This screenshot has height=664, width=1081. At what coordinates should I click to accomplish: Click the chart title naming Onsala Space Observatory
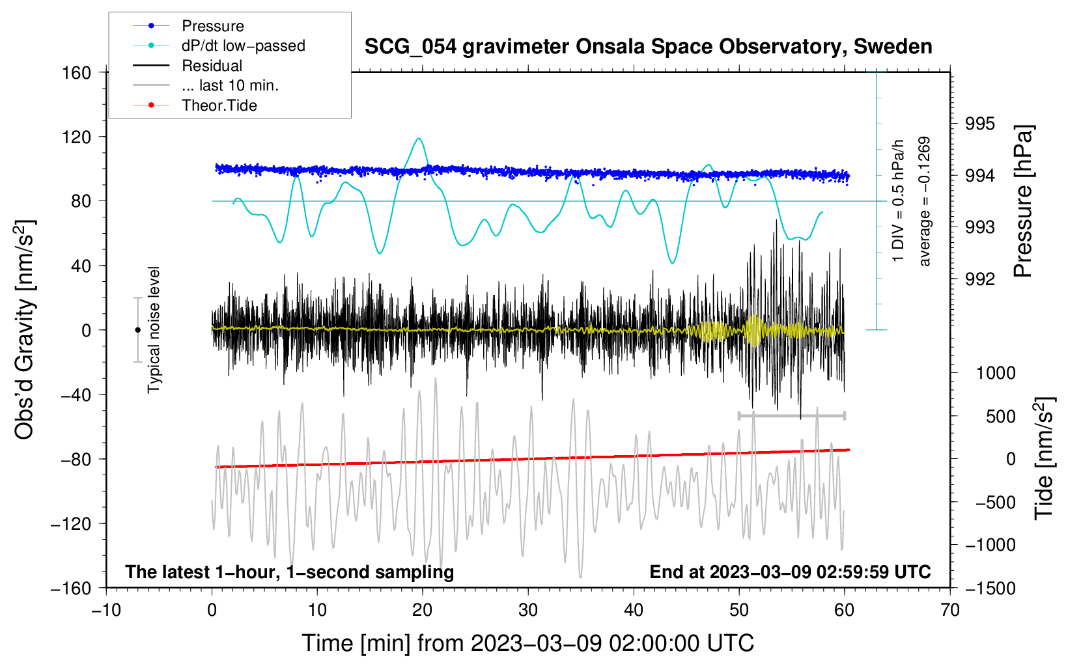(x=648, y=47)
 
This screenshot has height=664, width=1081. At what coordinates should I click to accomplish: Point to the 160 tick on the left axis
(x=77, y=72)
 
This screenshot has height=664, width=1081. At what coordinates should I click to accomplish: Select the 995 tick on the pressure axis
(x=979, y=124)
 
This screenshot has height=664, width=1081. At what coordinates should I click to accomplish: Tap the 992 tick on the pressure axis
(x=979, y=279)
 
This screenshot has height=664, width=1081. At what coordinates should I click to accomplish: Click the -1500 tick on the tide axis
(x=990, y=588)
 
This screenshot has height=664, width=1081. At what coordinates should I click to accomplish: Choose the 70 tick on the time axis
(x=950, y=610)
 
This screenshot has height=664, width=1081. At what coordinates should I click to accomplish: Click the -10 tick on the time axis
(x=106, y=610)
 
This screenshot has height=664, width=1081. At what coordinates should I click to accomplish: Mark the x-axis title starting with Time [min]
(x=527, y=643)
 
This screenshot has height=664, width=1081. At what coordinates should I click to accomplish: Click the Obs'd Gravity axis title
(x=25, y=329)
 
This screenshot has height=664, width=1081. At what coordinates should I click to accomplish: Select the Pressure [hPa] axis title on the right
(x=1023, y=202)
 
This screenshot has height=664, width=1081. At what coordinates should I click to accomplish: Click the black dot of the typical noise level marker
(x=137, y=330)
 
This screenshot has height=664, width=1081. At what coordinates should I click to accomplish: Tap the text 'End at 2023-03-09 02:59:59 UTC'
(x=790, y=572)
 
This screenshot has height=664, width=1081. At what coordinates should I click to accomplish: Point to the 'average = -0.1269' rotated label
(x=924, y=202)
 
